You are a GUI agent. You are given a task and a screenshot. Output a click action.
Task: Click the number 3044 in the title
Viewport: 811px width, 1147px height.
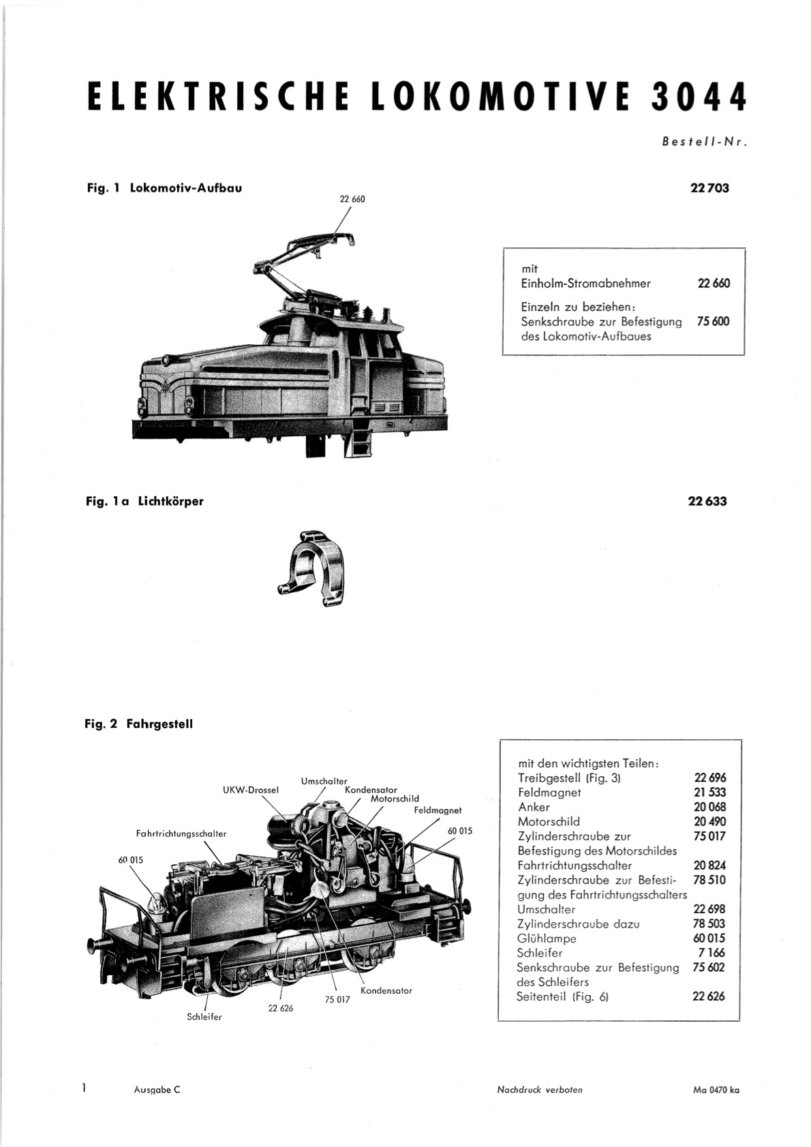[699, 96]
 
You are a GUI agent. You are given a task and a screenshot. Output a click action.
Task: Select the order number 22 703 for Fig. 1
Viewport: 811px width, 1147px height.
[709, 188]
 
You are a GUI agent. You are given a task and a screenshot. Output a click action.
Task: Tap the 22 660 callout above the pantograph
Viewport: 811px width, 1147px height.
[352, 199]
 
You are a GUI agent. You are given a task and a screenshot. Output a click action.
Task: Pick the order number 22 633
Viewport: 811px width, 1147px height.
[707, 501]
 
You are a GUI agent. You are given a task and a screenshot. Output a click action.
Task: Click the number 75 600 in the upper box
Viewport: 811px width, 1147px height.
[714, 322]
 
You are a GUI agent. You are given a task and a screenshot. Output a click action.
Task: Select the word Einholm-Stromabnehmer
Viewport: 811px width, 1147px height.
[585, 283]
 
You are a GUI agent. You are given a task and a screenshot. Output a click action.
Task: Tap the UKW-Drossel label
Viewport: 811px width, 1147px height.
[251, 790]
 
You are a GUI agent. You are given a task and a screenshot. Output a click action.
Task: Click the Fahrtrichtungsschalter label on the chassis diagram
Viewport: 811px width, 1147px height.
[181, 834]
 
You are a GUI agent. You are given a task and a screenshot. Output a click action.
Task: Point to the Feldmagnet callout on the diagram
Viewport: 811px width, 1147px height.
[438, 810]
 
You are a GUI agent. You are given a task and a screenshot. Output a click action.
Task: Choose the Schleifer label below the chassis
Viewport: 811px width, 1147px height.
[204, 1017]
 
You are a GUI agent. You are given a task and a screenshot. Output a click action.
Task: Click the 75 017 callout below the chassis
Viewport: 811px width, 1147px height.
[337, 999]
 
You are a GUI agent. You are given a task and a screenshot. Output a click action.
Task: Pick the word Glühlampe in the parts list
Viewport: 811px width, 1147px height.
[547, 938]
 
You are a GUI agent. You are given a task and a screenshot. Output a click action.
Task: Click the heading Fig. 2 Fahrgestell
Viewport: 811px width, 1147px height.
[139, 724]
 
